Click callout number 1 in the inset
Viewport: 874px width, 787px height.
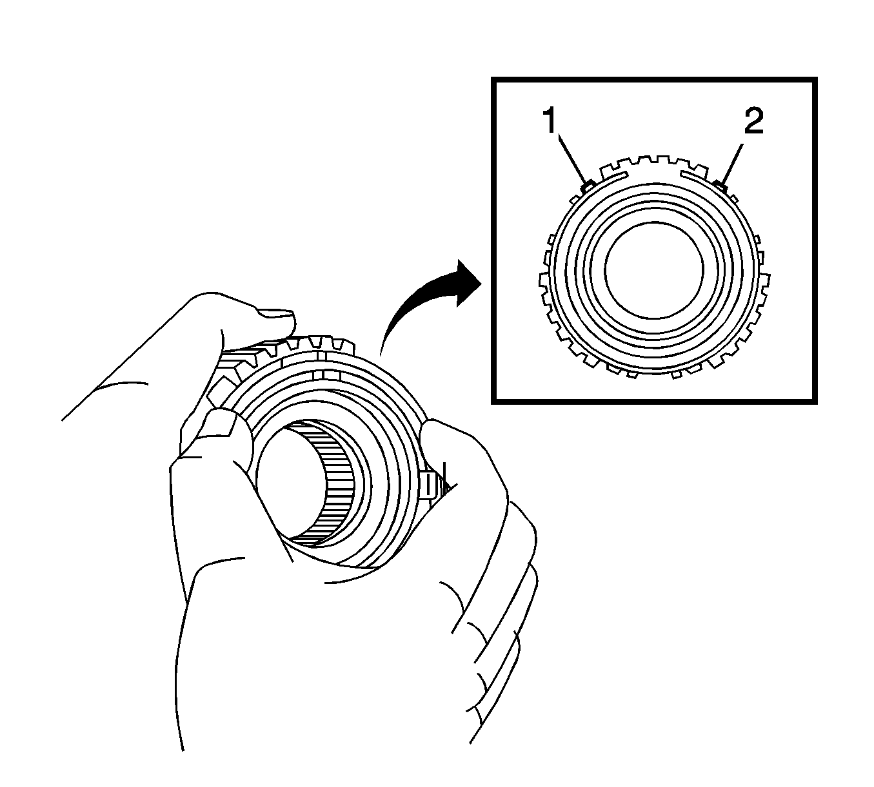(x=551, y=121)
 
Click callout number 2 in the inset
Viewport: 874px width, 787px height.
(x=753, y=121)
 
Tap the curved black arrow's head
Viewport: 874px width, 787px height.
(x=468, y=283)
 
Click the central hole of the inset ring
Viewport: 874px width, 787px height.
(x=653, y=269)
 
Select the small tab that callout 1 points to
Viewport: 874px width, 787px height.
(x=588, y=187)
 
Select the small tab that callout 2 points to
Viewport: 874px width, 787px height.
(x=720, y=186)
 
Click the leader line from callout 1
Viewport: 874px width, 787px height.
(x=572, y=159)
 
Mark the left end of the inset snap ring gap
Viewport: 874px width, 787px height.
(x=626, y=174)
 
